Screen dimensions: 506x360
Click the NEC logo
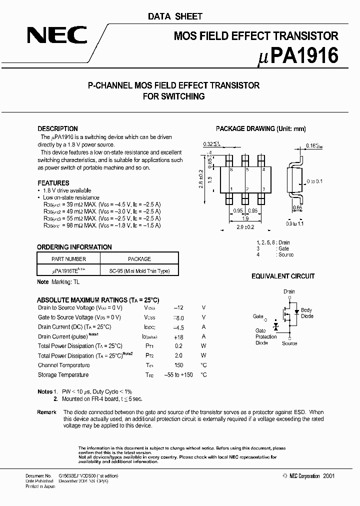pos(57,35)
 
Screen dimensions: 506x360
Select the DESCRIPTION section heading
pos(57,128)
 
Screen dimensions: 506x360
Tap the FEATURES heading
pos(53,183)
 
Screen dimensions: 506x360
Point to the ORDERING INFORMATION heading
pos(74,247)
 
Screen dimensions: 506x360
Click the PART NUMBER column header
pos(69,259)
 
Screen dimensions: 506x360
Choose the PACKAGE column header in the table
pos(139,259)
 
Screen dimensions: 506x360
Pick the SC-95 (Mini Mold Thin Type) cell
pos(139,271)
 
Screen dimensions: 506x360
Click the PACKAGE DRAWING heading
pos(260,128)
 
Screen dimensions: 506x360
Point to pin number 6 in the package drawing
pos(231,170)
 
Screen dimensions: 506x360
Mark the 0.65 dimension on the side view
pos(297,207)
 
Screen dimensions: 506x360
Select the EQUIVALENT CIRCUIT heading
pos(283,276)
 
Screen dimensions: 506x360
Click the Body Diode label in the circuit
pos(306,313)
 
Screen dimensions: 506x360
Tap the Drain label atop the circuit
pos(289,291)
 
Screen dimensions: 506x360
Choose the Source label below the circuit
pos(289,343)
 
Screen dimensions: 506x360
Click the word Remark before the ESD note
pos(46,412)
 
